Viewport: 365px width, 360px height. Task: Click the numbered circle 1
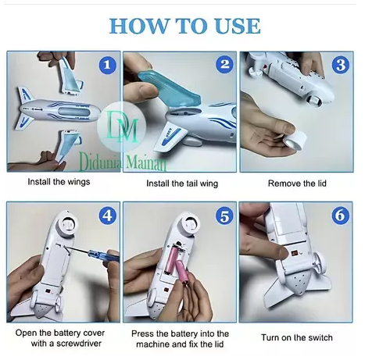pos(107,65)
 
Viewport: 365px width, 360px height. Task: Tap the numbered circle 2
pos(224,64)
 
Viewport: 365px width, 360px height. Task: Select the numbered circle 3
pos(340,65)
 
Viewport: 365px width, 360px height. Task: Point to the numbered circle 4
pos(107,216)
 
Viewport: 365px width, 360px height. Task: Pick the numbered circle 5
pos(224,216)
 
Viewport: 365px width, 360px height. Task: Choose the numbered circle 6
pos(340,216)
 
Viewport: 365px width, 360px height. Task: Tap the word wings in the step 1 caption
pos(77,182)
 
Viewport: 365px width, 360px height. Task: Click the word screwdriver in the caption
pos(79,344)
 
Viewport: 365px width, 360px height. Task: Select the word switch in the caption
pos(320,337)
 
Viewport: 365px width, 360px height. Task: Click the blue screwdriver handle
pos(104,255)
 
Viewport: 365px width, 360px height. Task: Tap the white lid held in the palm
pos(295,139)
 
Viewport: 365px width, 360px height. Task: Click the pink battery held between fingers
pos(182,273)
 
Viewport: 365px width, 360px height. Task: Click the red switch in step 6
pos(295,253)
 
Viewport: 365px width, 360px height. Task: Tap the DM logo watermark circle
pos(121,127)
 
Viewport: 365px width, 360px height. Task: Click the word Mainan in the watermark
pos(146,162)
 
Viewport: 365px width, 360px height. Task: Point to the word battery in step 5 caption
pos(182,334)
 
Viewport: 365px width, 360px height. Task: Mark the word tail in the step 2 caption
pos(191,184)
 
